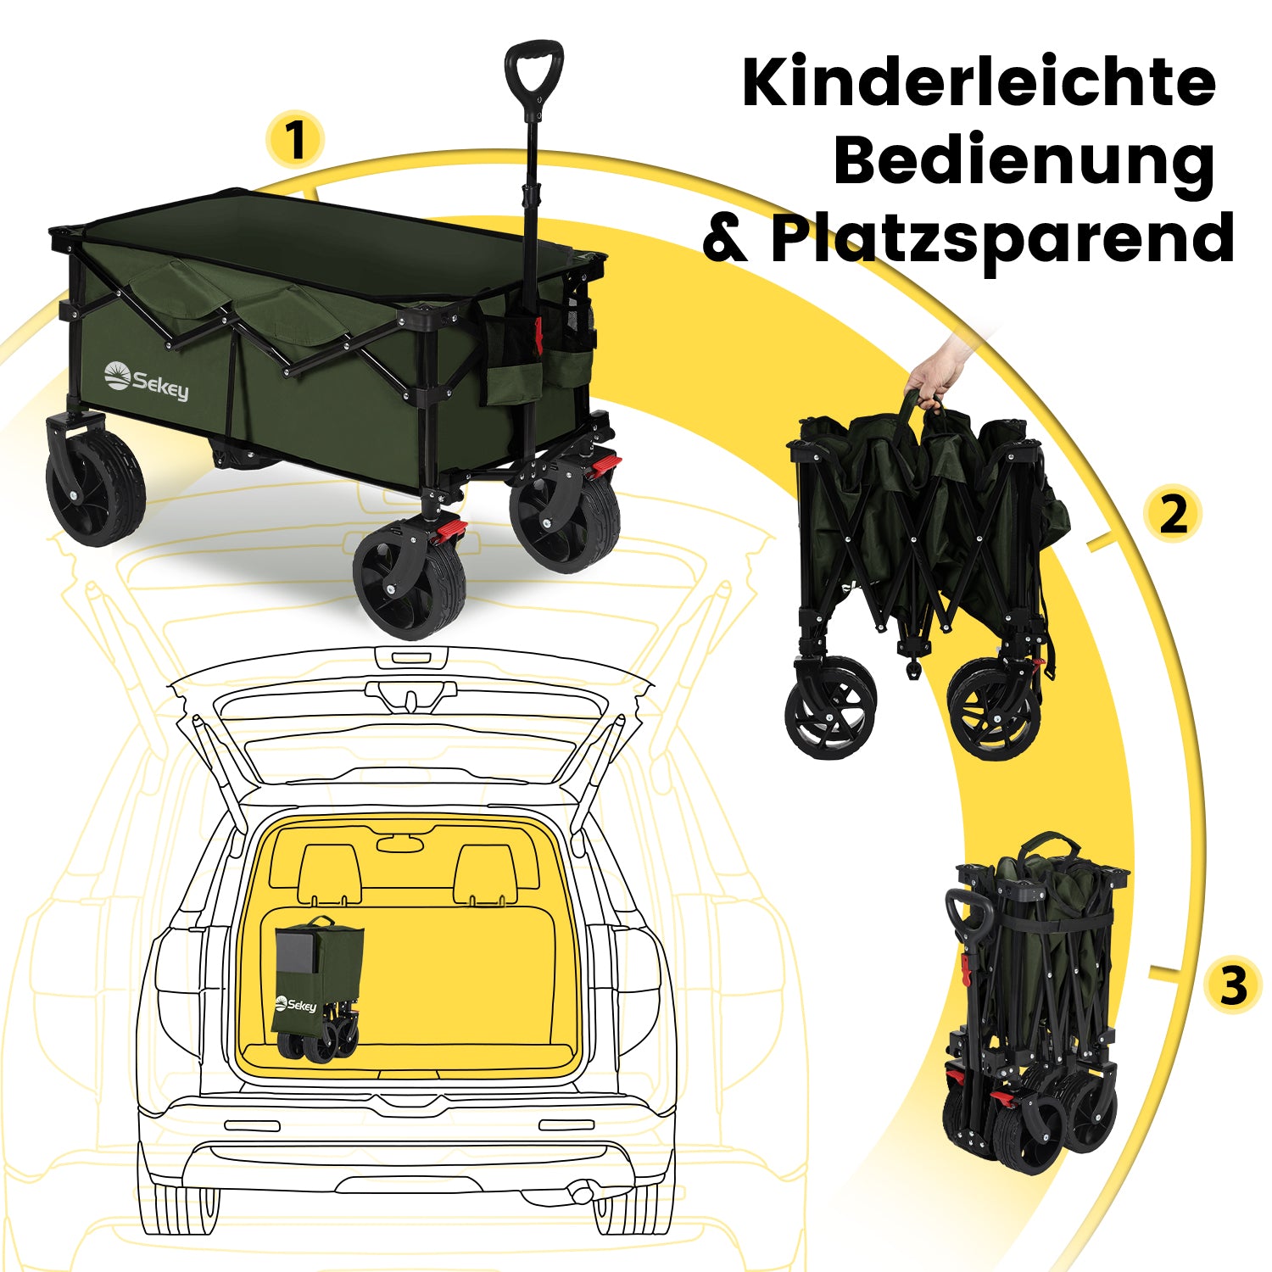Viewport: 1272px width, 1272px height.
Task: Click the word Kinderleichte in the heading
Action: [979, 82]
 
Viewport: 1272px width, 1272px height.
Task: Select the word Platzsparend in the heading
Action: [1002, 240]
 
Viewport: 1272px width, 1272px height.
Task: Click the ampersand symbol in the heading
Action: [725, 240]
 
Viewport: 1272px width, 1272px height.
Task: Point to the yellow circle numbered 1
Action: [295, 139]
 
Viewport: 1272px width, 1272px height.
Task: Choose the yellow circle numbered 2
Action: [1173, 514]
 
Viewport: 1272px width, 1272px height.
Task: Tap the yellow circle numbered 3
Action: [1234, 985]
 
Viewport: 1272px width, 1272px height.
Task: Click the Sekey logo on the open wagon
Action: [146, 381]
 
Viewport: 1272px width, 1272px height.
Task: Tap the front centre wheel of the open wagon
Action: [410, 579]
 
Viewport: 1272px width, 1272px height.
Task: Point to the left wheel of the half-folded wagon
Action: [831, 708]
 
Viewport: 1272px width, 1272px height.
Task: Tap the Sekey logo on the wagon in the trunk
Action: [296, 1005]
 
